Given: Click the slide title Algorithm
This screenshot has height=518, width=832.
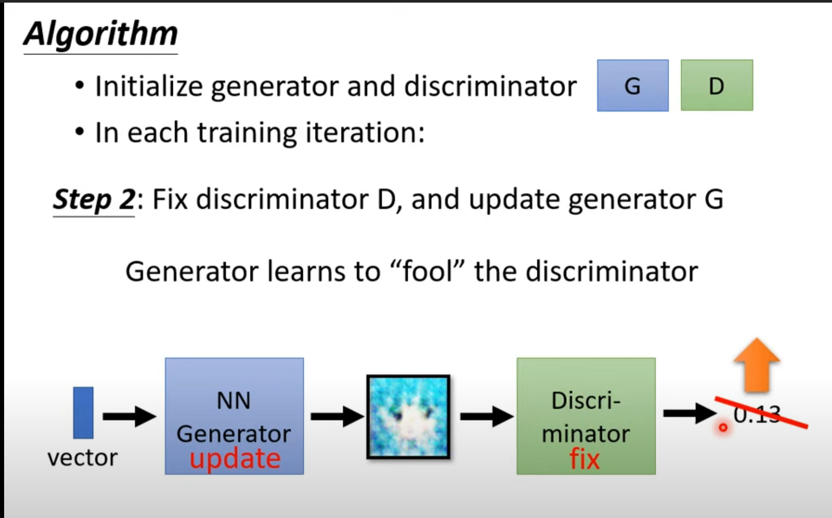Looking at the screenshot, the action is pos(100,34).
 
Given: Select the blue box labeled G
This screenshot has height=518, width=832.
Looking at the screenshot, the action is pos(632,86).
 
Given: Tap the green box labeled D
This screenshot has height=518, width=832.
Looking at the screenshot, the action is pos(717,86).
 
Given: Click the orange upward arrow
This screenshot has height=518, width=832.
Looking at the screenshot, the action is pos(757,365).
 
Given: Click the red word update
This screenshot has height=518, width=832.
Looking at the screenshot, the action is pos(235,459).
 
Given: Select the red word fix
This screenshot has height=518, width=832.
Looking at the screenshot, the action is pos(584,459).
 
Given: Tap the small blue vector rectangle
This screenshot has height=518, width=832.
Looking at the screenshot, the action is pos(83,412).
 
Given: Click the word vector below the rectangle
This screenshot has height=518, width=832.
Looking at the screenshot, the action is pos(82,457).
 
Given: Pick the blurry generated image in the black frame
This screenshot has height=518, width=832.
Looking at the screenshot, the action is pos(409,417).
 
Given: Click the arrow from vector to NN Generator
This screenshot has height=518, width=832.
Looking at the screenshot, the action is pos(129,416).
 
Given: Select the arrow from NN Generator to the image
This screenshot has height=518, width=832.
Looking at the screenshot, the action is pos(337,416).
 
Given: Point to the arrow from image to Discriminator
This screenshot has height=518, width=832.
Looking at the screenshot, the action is pos(486,416).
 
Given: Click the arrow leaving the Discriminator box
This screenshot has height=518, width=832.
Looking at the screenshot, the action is pos(689,413).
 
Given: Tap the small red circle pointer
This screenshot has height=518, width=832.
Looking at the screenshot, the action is pos(723,427).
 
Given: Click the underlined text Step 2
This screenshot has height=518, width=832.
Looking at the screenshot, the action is pos(94,199).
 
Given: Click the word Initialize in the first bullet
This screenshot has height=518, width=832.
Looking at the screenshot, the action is pos(149,86).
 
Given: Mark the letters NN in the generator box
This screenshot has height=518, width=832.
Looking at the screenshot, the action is pos(234,401).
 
